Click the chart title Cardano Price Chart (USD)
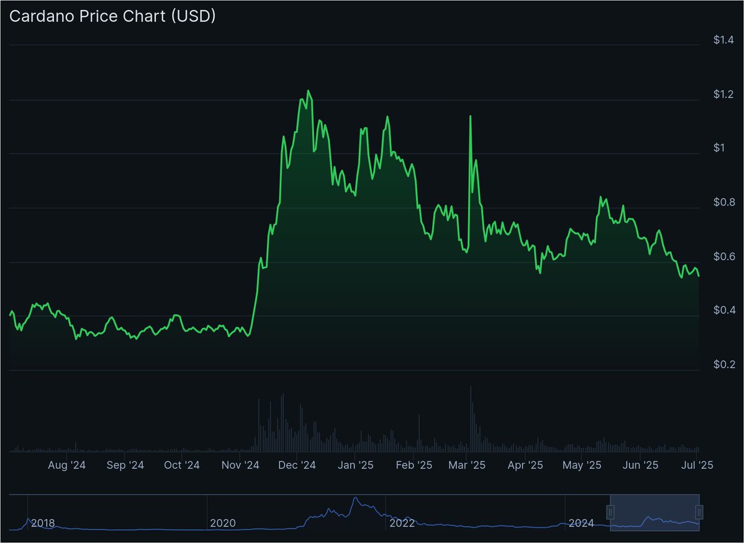pos(112,17)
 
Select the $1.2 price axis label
pos(724,95)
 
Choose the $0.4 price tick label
pos(724,311)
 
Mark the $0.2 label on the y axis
pos(724,365)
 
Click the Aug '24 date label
pos(67,465)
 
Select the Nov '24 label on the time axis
pos(240,465)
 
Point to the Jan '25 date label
pos(355,465)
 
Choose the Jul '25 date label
pos(697,465)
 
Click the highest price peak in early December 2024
pos(308,91)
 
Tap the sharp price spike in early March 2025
pos(470,116)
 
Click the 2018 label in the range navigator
pos(43,524)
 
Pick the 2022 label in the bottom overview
pos(402,524)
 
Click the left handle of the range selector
pos(610,512)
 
